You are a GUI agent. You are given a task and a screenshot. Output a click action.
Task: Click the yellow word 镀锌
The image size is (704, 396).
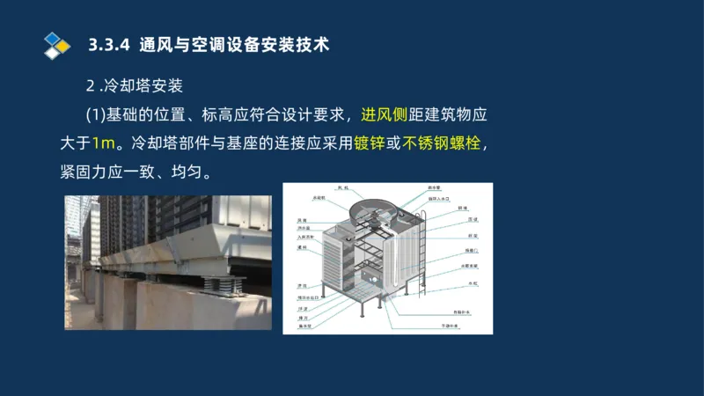tap(368, 143)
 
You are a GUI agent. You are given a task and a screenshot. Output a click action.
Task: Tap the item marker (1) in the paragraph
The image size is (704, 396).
tap(94, 114)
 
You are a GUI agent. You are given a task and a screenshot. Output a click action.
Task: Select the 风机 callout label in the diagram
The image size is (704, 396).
tap(343, 187)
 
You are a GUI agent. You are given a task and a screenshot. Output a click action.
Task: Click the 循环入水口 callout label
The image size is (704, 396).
tap(439, 199)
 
